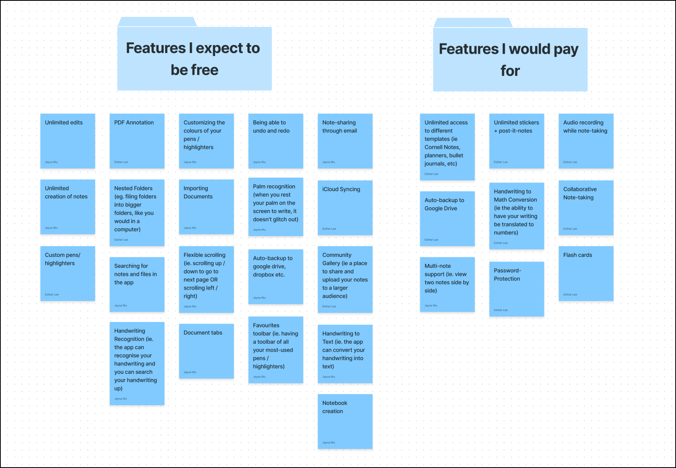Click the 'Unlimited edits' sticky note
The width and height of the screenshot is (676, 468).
[x=68, y=141]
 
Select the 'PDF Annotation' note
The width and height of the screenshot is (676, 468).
[x=137, y=141]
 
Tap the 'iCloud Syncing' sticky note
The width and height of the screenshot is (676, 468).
[x=345, y=208]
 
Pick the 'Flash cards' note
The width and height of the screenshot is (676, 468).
[x=586, y=273]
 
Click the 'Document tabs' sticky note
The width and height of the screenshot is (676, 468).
[x=206, y=351]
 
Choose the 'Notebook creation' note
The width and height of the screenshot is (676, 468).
[x=345, y=421]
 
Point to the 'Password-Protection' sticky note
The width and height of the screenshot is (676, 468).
[x=516, y=289]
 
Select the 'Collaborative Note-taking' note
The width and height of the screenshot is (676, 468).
[x=586, y=208]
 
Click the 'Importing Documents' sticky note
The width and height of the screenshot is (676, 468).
[x=206, y=207]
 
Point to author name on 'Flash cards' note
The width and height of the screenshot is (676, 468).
[x=570, y=294]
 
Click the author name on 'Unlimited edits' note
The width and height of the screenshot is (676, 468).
[x=51, y=162]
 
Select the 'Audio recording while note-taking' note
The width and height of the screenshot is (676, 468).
[x=586, y=141]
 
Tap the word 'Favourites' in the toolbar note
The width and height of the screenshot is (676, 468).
[x=266, y=325]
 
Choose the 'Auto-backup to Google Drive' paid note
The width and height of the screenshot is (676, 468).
[x=447, y=218]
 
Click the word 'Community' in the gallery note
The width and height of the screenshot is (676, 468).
[x=337, y=255]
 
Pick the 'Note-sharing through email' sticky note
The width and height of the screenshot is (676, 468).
[x=345, y=141]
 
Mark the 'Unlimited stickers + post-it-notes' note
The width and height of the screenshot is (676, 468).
[x=516, y=141]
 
